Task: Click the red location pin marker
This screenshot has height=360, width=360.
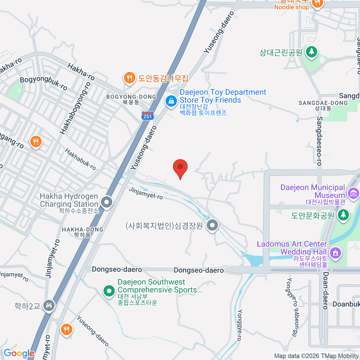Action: (180, 167)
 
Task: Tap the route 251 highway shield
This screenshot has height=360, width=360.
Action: (148, 116)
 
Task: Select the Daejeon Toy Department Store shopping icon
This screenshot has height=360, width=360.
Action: (171, 101)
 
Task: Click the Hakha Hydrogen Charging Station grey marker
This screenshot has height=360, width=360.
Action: (106, 202)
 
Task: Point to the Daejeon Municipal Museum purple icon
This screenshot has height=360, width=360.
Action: (353, 193)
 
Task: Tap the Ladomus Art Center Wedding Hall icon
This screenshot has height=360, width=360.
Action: (335, 252)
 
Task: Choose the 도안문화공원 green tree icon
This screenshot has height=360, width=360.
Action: (343, 215)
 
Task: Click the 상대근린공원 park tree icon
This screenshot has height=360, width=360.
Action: (312, 52)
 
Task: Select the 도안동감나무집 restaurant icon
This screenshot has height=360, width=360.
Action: (129, 78)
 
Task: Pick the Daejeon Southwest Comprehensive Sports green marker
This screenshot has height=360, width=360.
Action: (109, 290)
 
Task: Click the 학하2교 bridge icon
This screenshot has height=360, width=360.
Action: (49, 305)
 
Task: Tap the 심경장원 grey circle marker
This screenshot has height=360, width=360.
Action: (212, 225)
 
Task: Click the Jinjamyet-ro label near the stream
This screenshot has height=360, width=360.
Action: (146, 193)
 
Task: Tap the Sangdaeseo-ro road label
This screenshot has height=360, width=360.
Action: (319, 141)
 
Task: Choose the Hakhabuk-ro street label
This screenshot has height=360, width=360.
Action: (80, 159)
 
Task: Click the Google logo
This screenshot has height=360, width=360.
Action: (19, 353)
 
